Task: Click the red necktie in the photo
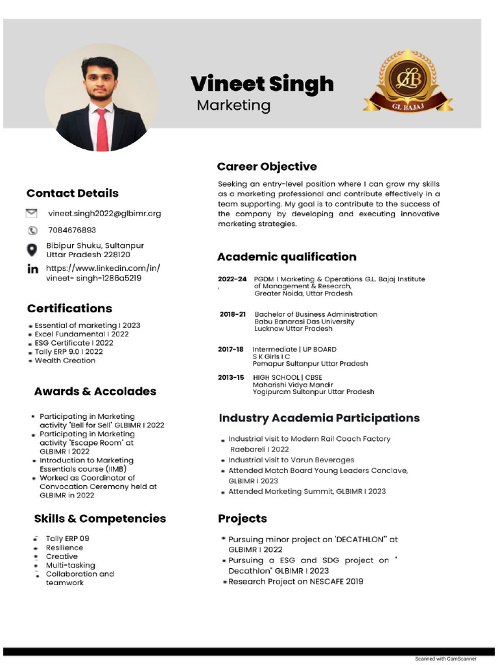tap(102, 129)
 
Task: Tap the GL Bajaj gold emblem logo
tap(408, 81)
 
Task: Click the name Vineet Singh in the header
tap(262, 84)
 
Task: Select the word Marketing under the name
tap(233, 105)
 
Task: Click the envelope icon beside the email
tap(32, 213)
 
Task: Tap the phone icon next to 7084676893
tap(32, 231)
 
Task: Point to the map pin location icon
tap(32, 250)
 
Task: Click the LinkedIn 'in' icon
tap(32, 270)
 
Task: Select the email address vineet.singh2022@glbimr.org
tap(104, 213)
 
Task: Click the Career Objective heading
tap(267, 167)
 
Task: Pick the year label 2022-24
tap(232, 279)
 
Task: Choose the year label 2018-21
tap(232, 314)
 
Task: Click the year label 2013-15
tap(231, 377)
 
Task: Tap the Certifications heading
tap(69, 308)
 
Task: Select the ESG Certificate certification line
tap(74, 343)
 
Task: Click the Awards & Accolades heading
tap(95, 392)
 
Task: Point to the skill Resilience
tap(64, 547)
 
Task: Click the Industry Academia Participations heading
tap(319, 418)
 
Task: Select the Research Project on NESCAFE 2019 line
tap(296, 581)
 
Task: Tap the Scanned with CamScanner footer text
tap(445, 659)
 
